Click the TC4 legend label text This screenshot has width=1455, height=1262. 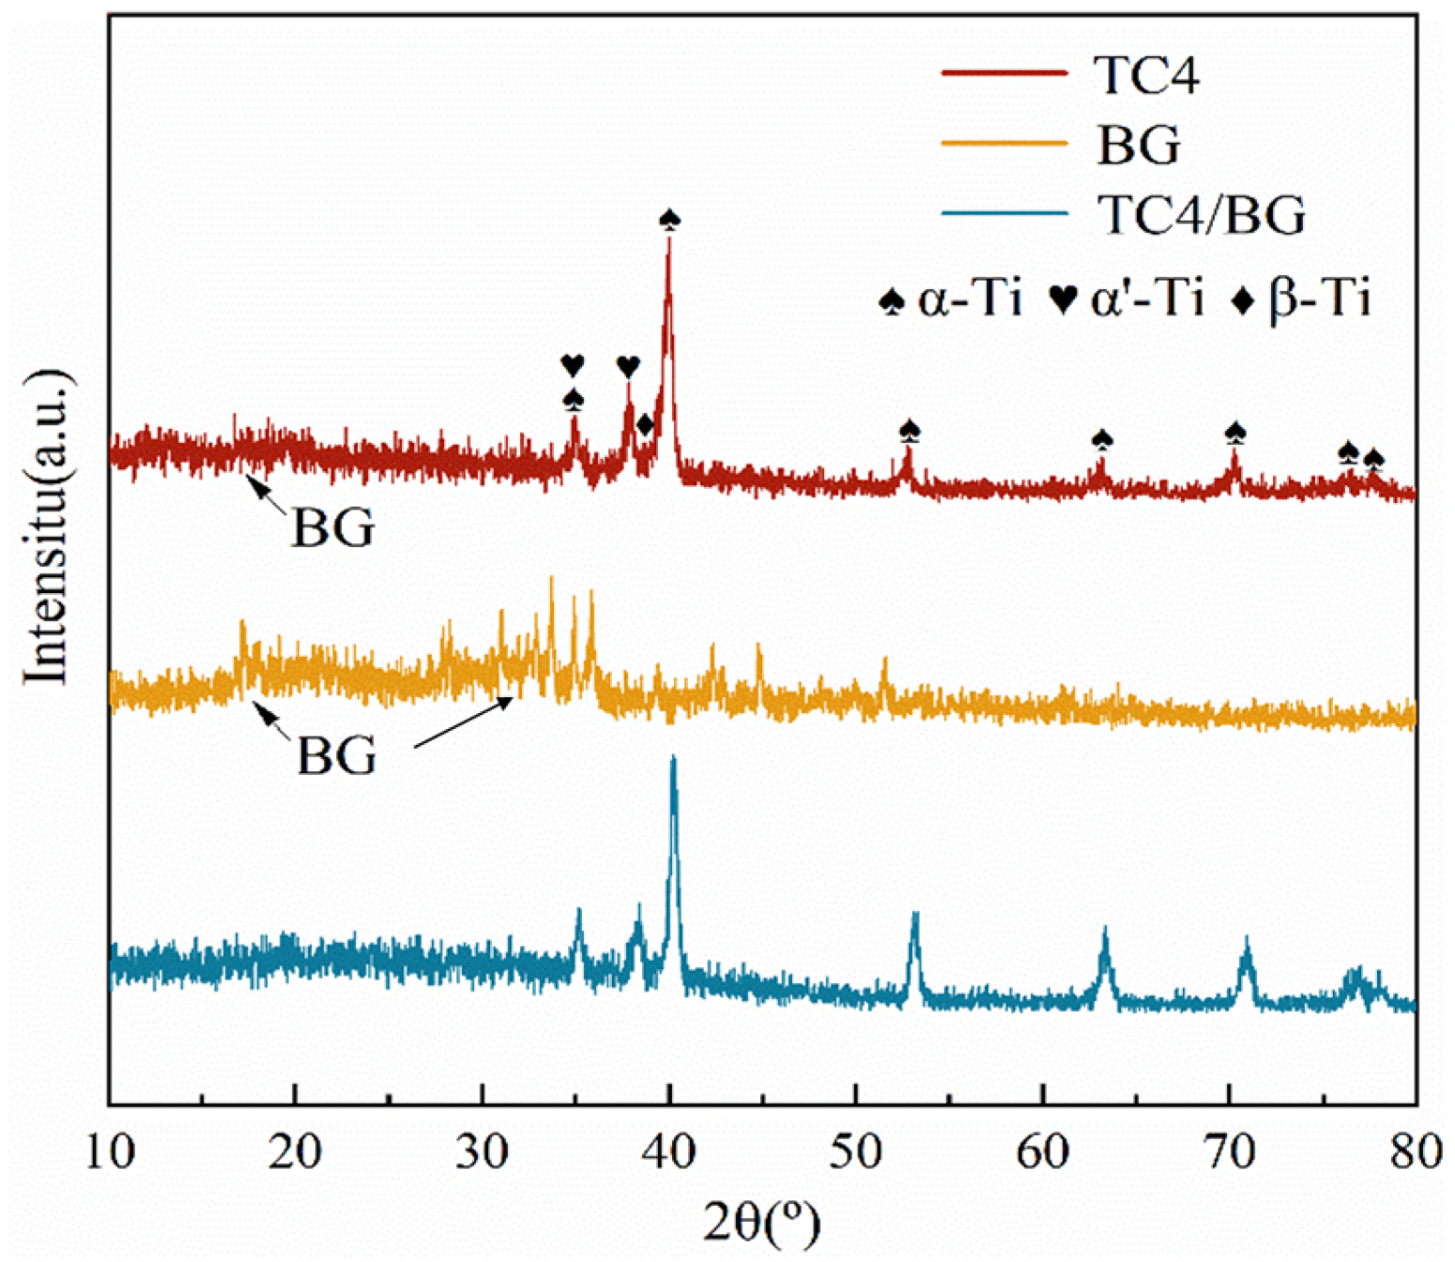(x=1146, y=75)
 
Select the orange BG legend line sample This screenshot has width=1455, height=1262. (x=1004, y=144)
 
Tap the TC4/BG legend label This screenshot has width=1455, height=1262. (x=1202, y=215)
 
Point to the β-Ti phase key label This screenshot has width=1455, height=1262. (x=1302, y=300)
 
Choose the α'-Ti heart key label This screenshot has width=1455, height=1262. (x=1126, y=300)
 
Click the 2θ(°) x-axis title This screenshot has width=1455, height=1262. (x=761, y=1221)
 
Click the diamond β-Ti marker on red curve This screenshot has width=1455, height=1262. (x=645, y=425)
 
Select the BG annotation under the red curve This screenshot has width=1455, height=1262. (x=332, y=528)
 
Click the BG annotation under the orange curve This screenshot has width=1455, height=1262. (x=336, y=755)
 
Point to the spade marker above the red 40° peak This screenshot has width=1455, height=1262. (x=669, y=220)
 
